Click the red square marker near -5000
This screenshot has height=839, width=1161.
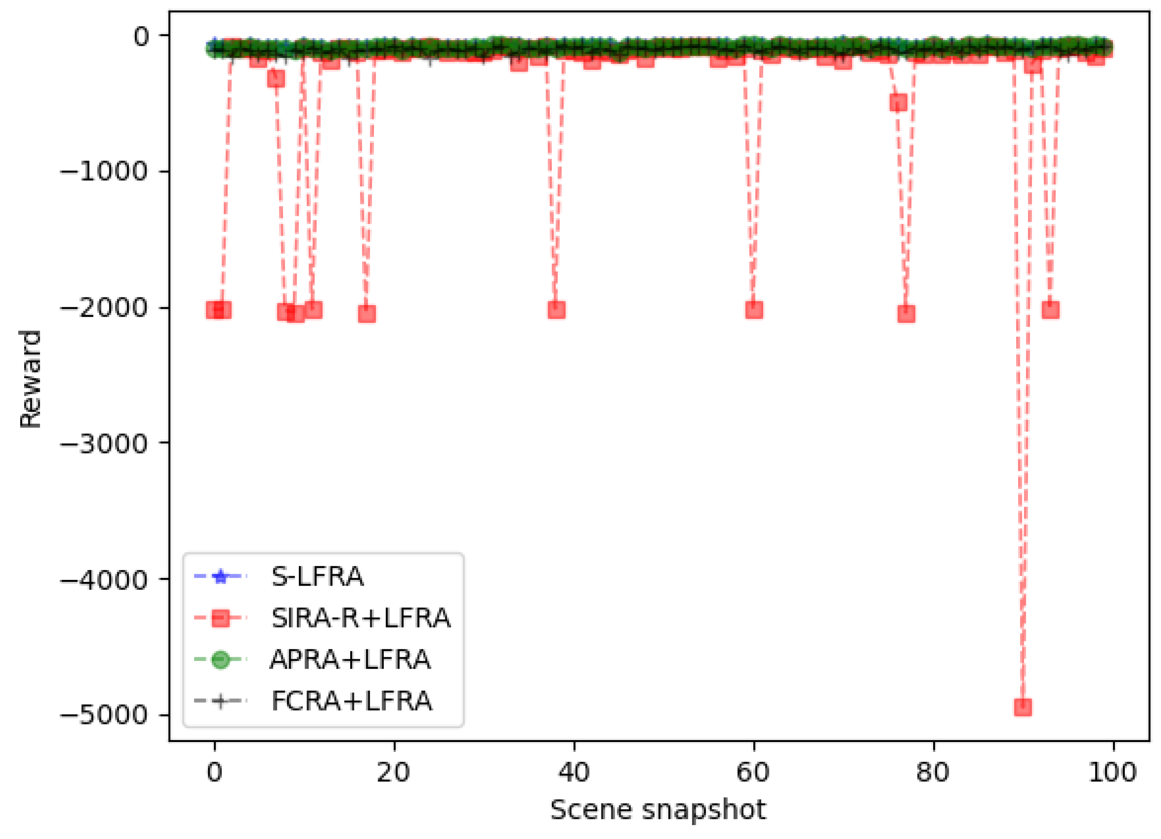pos(1023,707)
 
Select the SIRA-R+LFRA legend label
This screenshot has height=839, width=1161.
pos(360,619)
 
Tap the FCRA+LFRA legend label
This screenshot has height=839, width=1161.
pos(352,701)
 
